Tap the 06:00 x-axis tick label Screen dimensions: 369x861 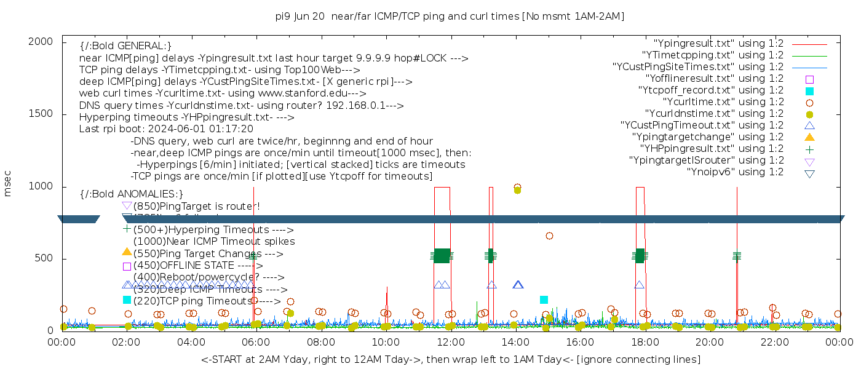coord(255,341)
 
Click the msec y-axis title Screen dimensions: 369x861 coord(8,186)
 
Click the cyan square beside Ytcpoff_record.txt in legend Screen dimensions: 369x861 coord(809,90)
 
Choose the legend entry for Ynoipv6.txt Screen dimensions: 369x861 coord(735,172)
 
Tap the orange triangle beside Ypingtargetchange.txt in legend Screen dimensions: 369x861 coord(809,137)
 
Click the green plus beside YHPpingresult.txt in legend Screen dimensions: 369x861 coord(809,149)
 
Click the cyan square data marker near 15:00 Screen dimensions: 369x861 coord(544,300)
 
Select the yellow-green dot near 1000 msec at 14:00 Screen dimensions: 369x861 coord(517,190)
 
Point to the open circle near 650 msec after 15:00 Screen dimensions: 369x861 coord(549,236)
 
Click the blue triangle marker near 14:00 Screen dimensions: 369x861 coord(518,285)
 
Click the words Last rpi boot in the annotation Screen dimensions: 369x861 coord(108,129)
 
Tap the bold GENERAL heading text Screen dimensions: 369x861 coord(125,46)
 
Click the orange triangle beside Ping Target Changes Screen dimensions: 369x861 coord(127,252)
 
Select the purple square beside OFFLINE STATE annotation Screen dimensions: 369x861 coord(127,266)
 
